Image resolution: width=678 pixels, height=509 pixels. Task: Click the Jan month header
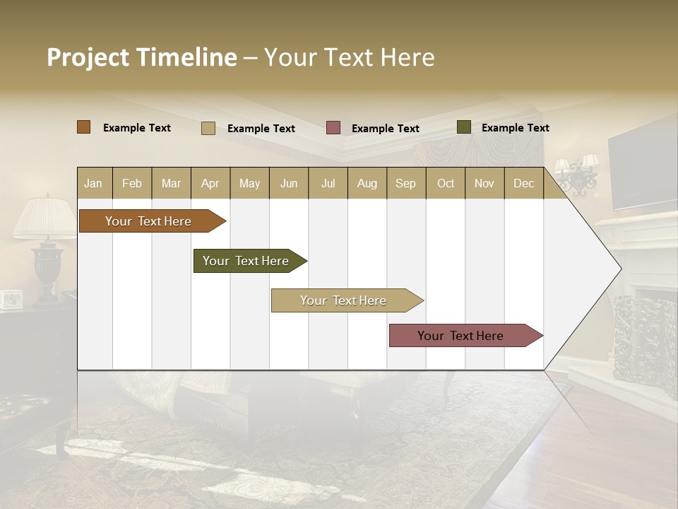94,184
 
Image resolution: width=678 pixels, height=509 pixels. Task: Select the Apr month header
210,184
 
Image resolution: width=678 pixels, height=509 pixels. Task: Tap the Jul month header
328,184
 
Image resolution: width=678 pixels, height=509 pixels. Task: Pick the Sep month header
405,184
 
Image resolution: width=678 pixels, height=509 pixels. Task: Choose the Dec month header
523,184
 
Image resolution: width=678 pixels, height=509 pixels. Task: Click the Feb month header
132,184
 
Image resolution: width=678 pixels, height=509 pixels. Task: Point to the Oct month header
446,184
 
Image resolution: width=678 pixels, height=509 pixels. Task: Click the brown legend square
84,127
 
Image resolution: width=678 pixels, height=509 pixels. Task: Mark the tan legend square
208,128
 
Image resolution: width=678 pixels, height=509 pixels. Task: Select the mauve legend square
333,128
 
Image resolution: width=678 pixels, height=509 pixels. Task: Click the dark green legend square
464,127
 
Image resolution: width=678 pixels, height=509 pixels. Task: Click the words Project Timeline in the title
141,57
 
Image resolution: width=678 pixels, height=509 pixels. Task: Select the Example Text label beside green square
515,128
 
